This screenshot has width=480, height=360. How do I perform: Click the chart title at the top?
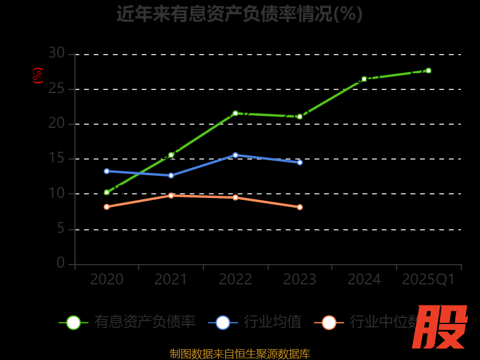point(239,13)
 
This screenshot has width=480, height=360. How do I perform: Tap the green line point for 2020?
point(107,193)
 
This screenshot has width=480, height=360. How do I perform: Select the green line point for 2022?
point(235,113)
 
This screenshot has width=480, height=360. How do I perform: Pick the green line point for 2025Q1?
point(428,70)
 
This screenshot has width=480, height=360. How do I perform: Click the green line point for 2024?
point(364,79)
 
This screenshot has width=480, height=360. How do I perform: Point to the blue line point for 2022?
point(235,155)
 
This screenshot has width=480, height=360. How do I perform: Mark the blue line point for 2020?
point(107,171)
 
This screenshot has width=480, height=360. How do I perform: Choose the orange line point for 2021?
point(171,195)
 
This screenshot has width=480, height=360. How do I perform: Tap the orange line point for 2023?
point(300,207)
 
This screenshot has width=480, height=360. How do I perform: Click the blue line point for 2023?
point(300,162)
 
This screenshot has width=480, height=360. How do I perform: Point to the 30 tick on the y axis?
point(56,53)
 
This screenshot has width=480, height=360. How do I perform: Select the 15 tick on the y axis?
point(56,158)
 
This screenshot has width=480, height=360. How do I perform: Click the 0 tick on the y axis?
point(61,263)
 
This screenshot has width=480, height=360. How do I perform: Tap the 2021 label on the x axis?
point(171,280)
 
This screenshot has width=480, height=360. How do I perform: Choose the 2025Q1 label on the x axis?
point(428,280)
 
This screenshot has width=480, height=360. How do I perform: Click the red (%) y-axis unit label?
point(37,76)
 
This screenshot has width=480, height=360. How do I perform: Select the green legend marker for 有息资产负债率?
point(73,322)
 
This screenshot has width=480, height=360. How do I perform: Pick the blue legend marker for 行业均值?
point(223,322)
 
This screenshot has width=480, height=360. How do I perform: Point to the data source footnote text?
point(239,354)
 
